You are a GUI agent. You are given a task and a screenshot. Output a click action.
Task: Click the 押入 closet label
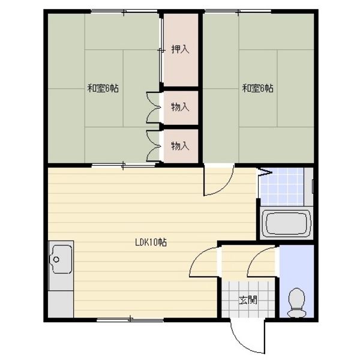[180, 49]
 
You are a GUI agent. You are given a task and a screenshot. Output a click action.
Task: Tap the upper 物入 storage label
[180, 107]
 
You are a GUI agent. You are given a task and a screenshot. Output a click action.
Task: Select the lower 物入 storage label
[180, 146]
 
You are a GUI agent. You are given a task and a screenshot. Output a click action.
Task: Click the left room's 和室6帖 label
[103, 88]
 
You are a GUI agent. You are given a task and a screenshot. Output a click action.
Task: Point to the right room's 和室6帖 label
[258, 88]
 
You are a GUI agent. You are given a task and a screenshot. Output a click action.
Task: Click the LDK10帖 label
[151, 242]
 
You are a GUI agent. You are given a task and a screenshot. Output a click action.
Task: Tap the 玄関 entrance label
[248, 300]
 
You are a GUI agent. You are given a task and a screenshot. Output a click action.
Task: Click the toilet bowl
[296, 302]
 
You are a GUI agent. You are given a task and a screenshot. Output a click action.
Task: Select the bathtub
[286, 223]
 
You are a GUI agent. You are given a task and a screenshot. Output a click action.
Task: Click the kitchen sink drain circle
[56, 260]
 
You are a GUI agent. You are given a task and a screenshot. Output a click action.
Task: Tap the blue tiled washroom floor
[283, 187]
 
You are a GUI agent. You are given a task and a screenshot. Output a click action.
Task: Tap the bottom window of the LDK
[130, 319]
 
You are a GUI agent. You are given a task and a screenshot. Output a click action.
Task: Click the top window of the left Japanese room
[124, 11]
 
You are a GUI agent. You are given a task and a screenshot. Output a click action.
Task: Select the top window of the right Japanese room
[238, 11]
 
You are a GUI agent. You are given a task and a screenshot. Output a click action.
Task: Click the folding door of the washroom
[264, 172]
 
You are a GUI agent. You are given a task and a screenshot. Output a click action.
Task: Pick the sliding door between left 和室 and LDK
[123, 165]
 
